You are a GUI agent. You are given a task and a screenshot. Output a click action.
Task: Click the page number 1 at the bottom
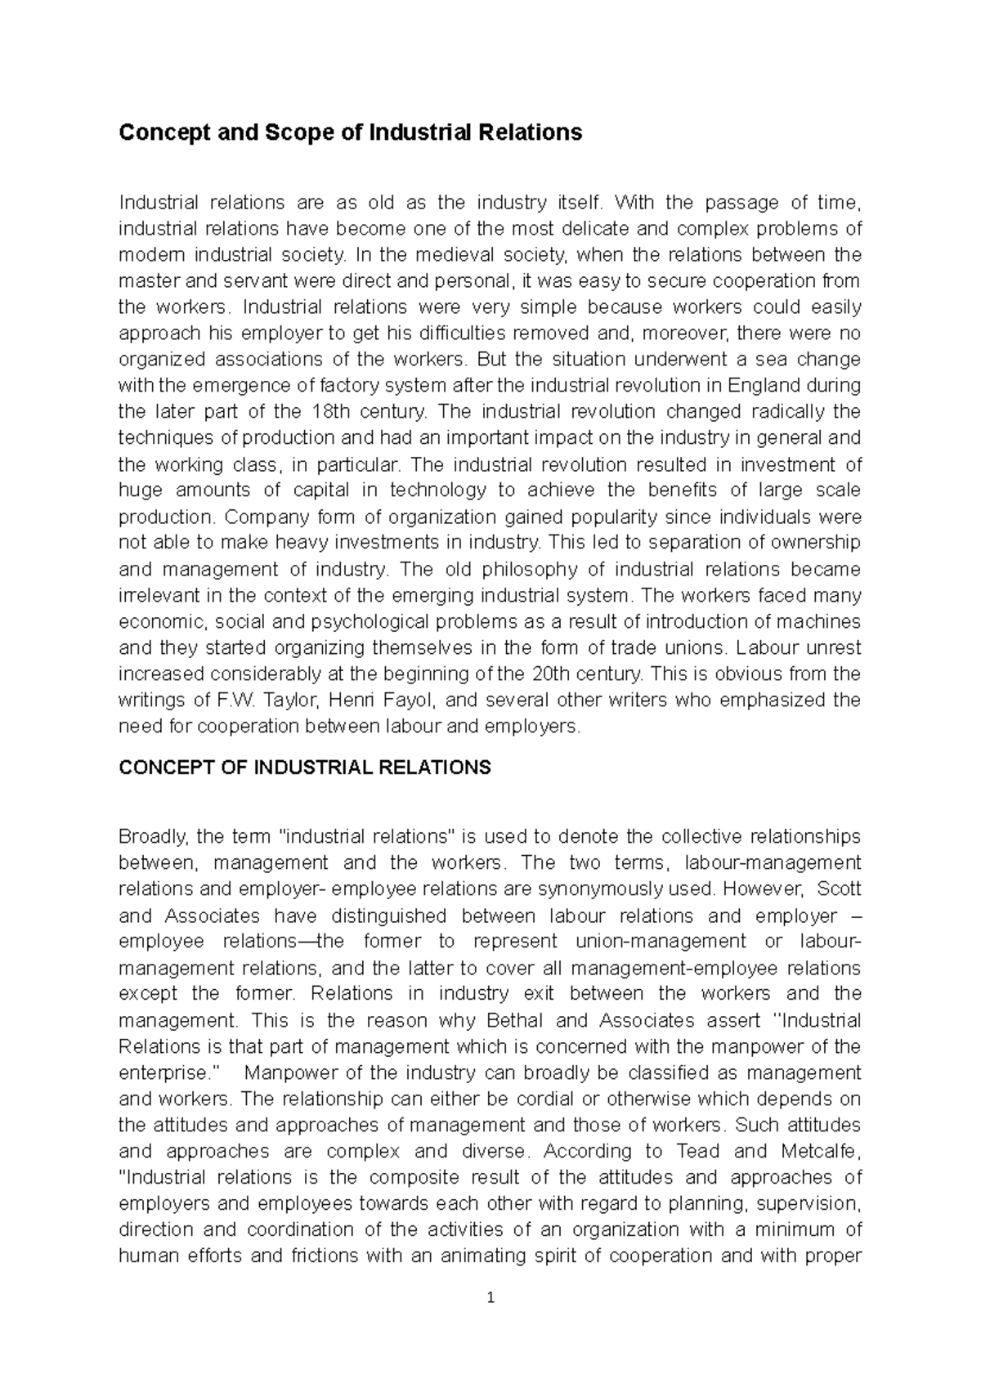(490, 1297)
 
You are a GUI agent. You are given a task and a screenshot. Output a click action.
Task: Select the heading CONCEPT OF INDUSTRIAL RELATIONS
(305, 768)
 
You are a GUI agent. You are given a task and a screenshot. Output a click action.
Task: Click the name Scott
(839, 889)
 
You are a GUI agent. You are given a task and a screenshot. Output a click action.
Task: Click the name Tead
(697, 1152)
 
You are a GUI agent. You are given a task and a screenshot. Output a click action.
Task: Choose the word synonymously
(605, 889)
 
